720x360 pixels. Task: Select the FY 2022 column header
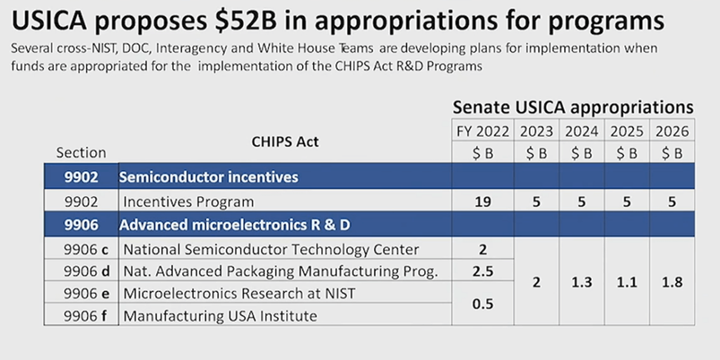pos(482,131)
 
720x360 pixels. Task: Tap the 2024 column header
pos(581,131)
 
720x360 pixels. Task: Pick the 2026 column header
pos(671,131)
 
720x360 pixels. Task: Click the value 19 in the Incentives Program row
pos(482,202)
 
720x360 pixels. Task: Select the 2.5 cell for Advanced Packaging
pos(482,271)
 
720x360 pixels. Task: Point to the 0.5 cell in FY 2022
pos(482,304)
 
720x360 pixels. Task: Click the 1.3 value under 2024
pos(581,282)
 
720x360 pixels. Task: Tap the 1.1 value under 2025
pos(626,282)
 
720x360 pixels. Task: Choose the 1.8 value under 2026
pos(671,282)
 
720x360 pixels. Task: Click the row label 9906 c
pos(81,250)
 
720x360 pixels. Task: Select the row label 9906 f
pos(81,316)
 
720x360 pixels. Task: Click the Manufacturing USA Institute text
pos(220,316)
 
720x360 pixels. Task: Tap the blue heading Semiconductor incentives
pos(208,176)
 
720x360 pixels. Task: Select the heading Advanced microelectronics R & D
pos(235,226)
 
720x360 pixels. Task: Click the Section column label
pos(81,153)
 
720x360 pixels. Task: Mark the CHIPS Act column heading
pos(285,142)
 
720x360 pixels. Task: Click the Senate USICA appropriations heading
pos(573,107)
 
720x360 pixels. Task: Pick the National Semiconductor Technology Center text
pos(271,250)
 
